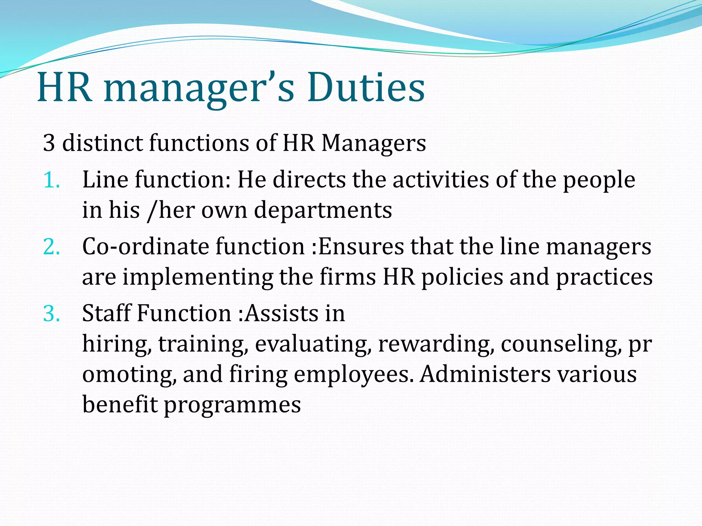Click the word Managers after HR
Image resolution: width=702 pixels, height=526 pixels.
pos(374,143)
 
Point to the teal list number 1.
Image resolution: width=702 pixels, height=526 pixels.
pos(51,180)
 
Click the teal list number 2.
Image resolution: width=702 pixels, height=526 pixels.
pos(51,247)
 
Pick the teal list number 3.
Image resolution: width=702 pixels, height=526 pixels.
pos(51,313)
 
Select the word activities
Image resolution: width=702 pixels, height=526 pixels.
pos(440,180)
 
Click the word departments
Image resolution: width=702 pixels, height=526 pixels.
pos(323,210)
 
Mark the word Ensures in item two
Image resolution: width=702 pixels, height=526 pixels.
pos(358,247)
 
